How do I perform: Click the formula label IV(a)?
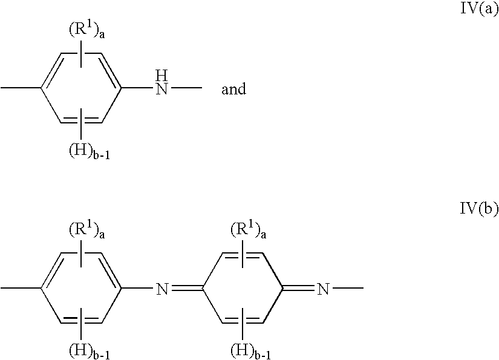(x=479, y=8)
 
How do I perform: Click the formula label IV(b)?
(x=479, y=209)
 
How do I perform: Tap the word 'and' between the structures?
(x=234, y=89)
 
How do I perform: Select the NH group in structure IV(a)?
(x=161, y=82)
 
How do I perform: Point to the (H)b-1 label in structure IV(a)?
(x=90, y=151)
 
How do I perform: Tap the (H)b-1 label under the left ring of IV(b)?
(x=90, y=352)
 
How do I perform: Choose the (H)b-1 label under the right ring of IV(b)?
(x=251, y=352)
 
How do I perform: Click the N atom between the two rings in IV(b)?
(x=161, y=289)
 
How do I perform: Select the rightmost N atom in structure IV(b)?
(x=323, y=289)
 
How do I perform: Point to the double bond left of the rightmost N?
(x=299, y=289)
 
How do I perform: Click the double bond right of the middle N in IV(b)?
(x=187, y=289)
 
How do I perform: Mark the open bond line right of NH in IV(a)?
(x=186, y=88)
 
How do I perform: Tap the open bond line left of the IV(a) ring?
(x=21, y=88)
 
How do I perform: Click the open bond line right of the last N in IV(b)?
(x=348, y=288)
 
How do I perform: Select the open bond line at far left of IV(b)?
(x=21, y=288)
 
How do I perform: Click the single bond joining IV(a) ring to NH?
(x=137, y=88)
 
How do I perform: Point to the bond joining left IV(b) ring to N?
(x=137, y=288)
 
